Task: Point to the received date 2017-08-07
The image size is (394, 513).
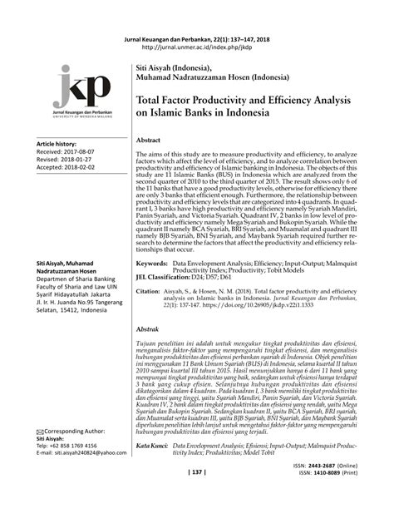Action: click(83, 152)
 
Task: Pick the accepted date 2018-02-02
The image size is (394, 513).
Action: click(83, 167)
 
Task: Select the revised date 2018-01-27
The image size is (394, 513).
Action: click(81, 160)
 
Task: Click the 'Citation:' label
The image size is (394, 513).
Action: click(147, 292)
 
